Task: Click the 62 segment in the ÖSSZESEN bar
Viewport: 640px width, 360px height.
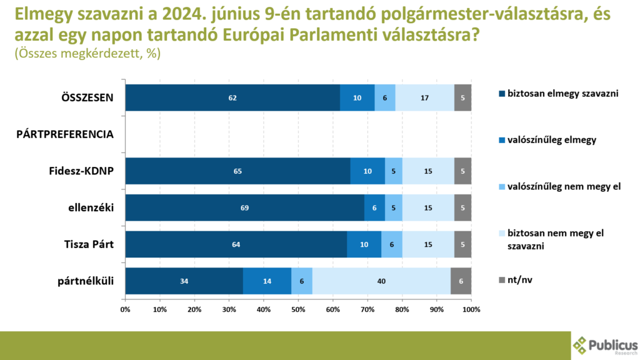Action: [232, 97]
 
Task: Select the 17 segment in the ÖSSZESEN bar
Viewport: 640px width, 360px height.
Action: [424, 97]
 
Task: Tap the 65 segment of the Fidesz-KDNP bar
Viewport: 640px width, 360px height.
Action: [237, 171]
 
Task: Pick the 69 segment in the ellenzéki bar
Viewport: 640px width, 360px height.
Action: [244, 207]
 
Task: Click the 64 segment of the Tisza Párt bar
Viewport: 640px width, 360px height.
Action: [236, 244]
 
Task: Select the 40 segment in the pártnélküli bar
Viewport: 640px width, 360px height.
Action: [381, 281]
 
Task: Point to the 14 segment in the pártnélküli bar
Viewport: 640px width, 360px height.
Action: [267, 281]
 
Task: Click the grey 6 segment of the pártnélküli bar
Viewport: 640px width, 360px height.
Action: [461, 281]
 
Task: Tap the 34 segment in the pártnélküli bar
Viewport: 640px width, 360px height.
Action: [184, 281]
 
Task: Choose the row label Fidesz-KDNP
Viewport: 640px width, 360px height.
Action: [81, 171]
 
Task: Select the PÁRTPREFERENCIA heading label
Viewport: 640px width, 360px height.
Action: [64, 134]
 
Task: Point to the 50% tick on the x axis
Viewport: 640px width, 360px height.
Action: [298, 309]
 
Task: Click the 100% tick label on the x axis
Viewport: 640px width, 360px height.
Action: [471, 309]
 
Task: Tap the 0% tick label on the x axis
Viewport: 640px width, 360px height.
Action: [125, 309]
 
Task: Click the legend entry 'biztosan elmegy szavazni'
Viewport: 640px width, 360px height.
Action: [559, 94]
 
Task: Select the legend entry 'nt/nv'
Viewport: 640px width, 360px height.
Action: [518, 279]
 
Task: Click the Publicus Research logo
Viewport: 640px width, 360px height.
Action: [605, 346]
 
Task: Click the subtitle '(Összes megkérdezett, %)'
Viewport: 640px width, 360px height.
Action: [87, 54]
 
